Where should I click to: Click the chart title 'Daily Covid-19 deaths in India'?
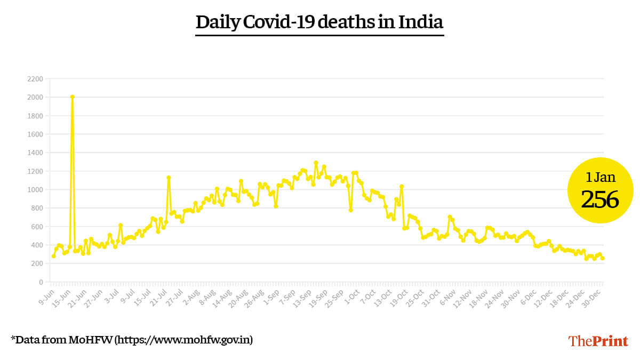click(x=319, y=23)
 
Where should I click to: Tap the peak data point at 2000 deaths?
click(x=72, y=97)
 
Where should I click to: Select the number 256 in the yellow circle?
click(x=599, y=200)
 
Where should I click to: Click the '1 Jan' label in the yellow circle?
click(x=599, y=177)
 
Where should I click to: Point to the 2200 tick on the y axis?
click(x=35, y=79)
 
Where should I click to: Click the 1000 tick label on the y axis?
click(x=35, y=190)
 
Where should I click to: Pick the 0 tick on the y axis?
click(x=41, y=282)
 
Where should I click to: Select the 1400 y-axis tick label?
click(x=35, y=153)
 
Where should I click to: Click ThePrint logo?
click(x=598, y=341)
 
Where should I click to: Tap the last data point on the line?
click(x=603, y=258)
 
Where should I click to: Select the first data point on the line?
click(x=53, y=256)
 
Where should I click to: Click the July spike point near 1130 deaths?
click(x=169, y=178)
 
